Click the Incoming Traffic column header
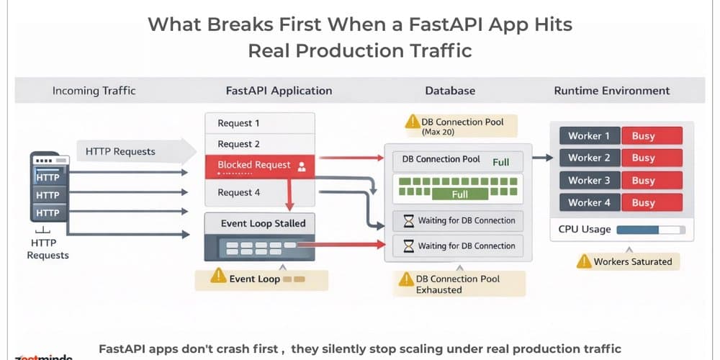coord(94,91)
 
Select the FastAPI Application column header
coord(279,91)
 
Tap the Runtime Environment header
coord(611,91)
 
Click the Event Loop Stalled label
coord(263,223)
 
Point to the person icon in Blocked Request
coord(302,166)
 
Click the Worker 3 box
coord(589,181)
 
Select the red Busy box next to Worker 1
coord(652,136)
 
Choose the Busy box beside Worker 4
coord(652,203)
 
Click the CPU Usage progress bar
coord(651,230)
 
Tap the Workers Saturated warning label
coord(627,261)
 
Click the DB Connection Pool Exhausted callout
coord(459,284)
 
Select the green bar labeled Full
coord(460,193)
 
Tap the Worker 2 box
coord(589,158)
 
